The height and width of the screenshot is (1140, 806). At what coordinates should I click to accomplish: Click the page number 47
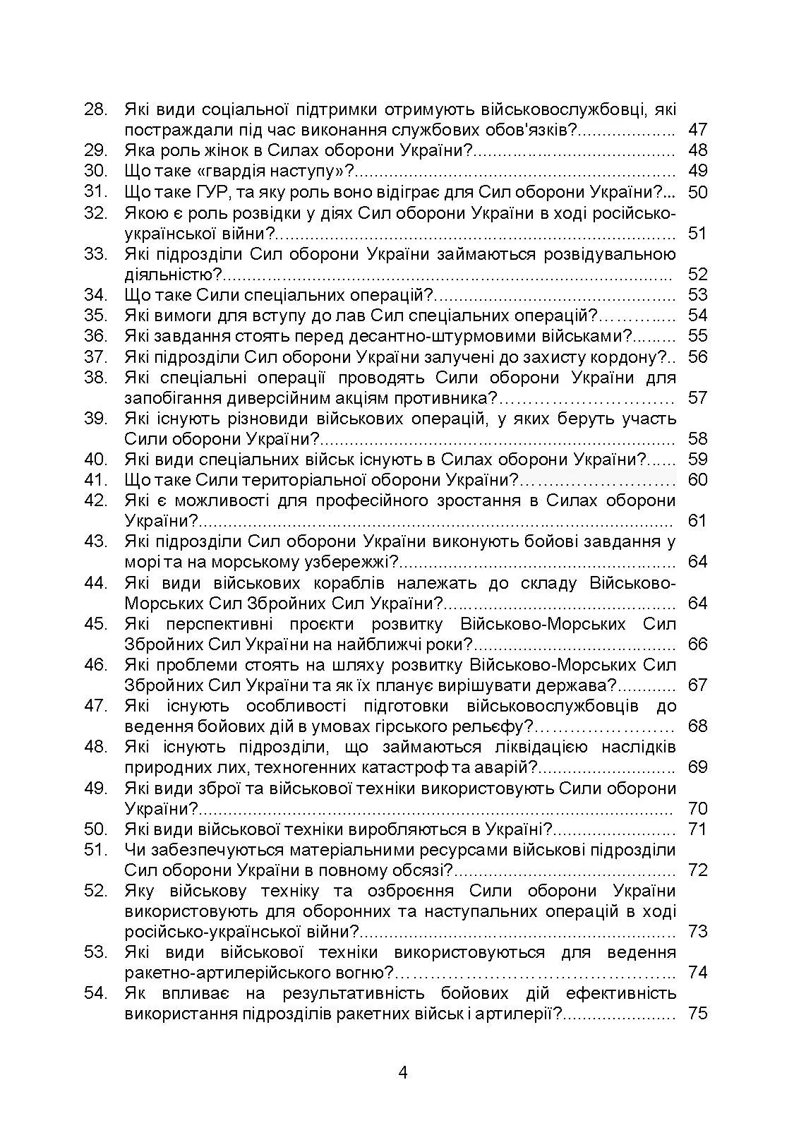[x=697, y=130]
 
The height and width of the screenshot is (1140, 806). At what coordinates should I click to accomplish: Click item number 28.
[x=95, y=109]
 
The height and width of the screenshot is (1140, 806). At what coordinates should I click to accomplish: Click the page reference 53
[x=697, y=294]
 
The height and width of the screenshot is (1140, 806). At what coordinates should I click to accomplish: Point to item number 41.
[x=95, y=480]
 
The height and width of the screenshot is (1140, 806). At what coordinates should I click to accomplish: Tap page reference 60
[x=697, y=480]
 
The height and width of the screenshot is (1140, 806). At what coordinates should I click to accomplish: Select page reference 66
[x=697, y=644]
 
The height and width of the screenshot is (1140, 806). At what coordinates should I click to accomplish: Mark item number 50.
[x=95, y=829]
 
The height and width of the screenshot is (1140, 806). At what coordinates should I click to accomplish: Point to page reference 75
[x=697, y=1014]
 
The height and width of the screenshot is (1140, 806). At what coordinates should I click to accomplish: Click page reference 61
[x=697, y=521]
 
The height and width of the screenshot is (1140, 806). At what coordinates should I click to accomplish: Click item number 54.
[x=95, y=993]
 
